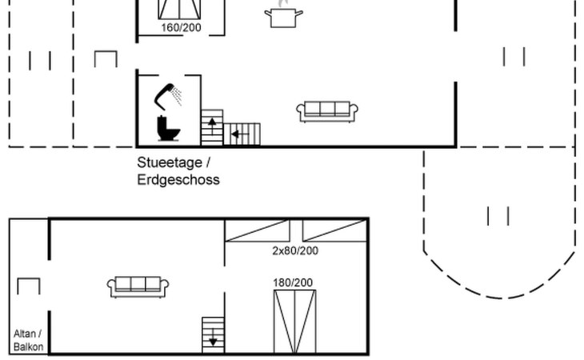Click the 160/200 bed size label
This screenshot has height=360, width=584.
tap(181, 28)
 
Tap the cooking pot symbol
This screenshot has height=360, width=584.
tap(284, 16)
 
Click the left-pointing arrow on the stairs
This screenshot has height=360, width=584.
tap(235, 134)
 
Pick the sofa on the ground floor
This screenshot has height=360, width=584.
tap(326, 111)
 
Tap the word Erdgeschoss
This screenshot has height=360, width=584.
tap(178, 180)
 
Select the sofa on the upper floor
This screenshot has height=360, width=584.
tap(138, 286)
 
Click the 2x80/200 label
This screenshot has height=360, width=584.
tap(295, 250)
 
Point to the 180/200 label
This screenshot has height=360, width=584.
tap(294, 282)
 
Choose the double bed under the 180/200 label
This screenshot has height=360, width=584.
tap(294, 321)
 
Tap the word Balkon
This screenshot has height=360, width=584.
tap(28, 347)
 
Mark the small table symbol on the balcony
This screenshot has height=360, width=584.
tap(28, 286)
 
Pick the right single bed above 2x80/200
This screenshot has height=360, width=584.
tap(334, 230)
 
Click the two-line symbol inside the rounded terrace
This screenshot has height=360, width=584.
tap(498, 216)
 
